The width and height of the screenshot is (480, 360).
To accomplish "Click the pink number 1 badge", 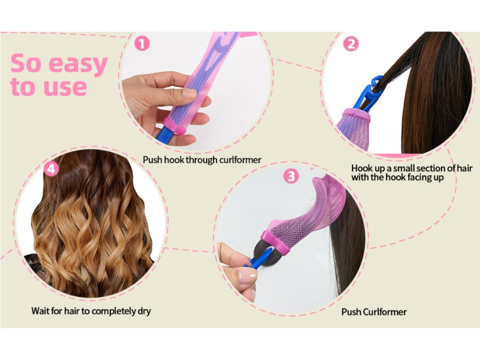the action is (142, 44).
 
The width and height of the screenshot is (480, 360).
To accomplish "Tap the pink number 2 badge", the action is (351, 44).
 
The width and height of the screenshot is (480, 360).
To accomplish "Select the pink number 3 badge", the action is (291, 176).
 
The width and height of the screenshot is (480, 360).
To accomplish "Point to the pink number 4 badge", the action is (51, 169).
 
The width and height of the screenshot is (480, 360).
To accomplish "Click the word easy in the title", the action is (78, 64).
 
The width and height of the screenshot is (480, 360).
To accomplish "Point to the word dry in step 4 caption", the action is (144, 312).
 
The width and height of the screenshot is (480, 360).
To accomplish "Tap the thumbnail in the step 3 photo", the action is (248, 277).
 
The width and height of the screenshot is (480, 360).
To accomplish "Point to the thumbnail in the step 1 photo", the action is (189, 93).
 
